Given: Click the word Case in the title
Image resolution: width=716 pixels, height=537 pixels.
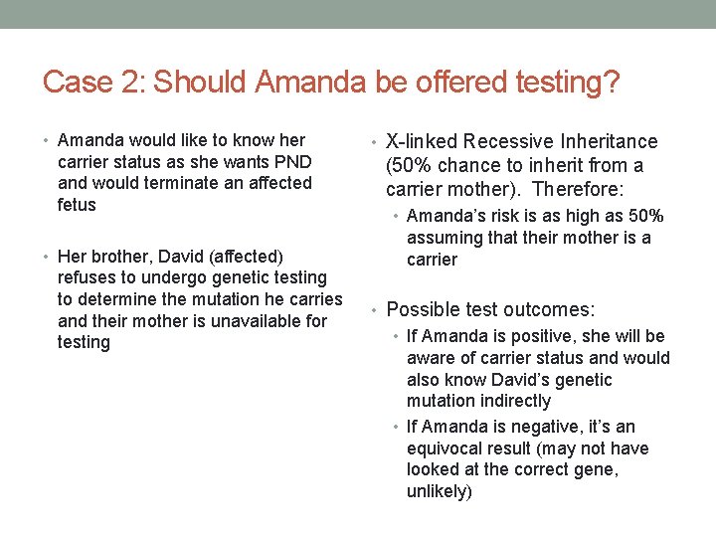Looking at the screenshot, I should click(76, 82).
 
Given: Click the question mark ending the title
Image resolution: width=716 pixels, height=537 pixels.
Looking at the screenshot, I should click(612, 82).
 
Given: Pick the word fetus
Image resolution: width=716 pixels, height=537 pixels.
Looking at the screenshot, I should click(77, 205).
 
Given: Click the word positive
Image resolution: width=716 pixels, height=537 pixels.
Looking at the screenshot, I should click(540, 336).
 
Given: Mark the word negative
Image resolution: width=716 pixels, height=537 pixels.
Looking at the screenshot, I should click(545, 427).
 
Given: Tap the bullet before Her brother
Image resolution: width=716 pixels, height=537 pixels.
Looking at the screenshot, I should click(47, 257).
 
